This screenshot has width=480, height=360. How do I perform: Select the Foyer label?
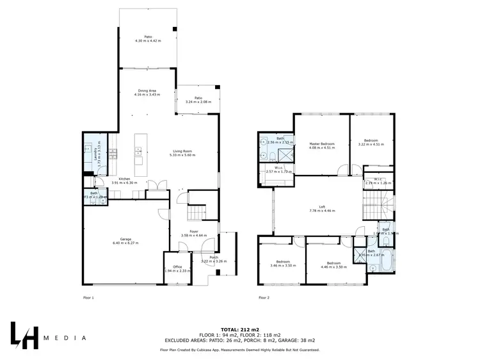pyautogui.click(x=194, y=233)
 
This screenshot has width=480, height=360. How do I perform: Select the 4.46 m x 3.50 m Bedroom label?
pyautogui.click(x=333, y=265)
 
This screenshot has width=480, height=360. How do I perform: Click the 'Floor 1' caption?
pyautogui.click(x=88, y=298)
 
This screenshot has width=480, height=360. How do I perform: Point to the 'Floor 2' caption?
pyautogui.click(x=265, y=298)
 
